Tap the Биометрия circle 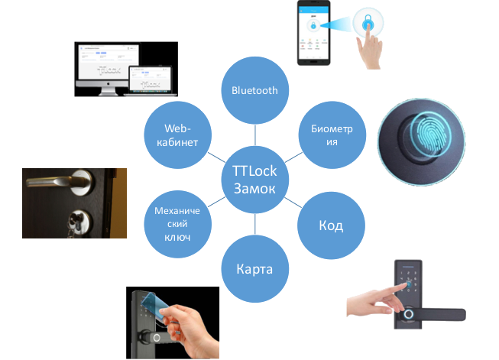[330, 135]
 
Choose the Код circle [330, 225]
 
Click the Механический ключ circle [177, 225]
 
